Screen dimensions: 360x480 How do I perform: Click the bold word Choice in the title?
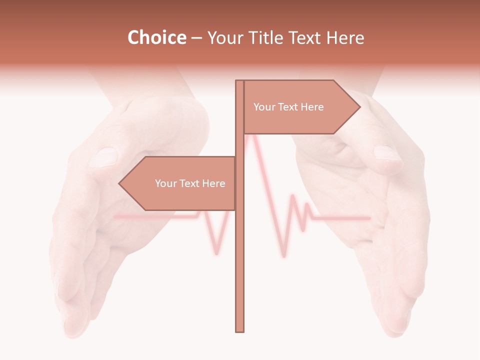click(156, 37)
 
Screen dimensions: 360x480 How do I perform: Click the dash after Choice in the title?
click(196, 38)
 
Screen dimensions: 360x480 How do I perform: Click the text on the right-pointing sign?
click(288, 107)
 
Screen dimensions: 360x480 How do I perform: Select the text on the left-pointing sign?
click(190, 183)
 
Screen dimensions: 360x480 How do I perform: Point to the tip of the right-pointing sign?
click(359, 106)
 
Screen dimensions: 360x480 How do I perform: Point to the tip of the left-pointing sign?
click(119, 183)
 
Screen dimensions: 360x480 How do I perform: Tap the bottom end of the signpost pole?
click(240, 330)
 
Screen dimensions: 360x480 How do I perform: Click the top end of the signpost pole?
click(240, 81)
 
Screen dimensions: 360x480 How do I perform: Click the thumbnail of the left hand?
click(104, 156)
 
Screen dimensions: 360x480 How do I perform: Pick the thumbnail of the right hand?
click(387, 152)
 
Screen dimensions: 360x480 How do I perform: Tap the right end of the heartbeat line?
click(369, 218)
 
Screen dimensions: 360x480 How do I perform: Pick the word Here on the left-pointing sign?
click(213, 183)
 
